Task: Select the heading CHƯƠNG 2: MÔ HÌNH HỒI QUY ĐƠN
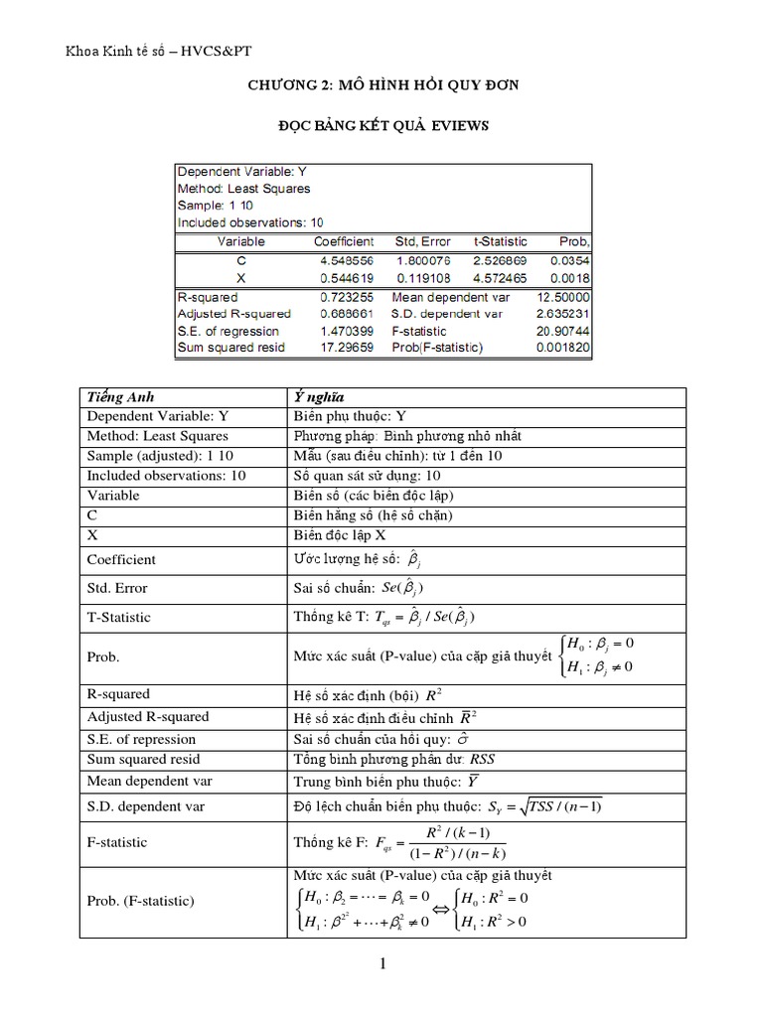pyautogui.click(x=382, y=86)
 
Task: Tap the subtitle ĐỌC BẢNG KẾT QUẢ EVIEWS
pyautogui.click(x=382, y=126)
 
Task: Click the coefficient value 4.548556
pyautogui.click(x=344, y=260)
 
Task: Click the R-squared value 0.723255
pyautogui.click(x=344, y=297)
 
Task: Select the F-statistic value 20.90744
pyautogui.click(x=562, y=331)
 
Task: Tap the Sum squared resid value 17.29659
pyautogui.click(x=344, y=348)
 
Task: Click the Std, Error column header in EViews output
pyautogui.click(x=423, y=241)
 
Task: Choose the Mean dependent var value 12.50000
pyautogui.click(x=562, y=297)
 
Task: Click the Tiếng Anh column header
pyautogui.click(x=121, y=396)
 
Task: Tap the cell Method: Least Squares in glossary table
pyautogui.click(x=158, y=436)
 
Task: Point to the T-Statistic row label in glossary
pyautogui.click(x=119, y=617)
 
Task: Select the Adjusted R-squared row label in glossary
pyautogui.click(x=149, y=716)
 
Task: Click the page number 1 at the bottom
pyautogui.click(x=382, y=963)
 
